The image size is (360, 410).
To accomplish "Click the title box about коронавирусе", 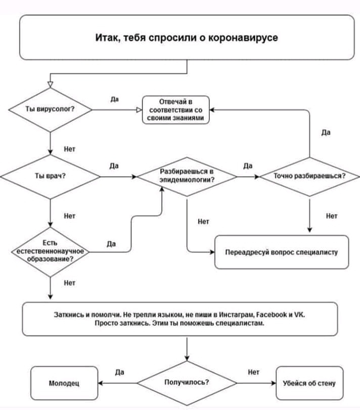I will [187, 37].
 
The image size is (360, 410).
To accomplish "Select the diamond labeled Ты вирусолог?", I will [50, 109].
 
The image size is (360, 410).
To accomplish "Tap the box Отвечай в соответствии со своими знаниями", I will [175, 109].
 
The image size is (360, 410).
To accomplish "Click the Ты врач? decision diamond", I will [50, 177].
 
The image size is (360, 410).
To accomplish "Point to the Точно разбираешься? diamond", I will [309, 177].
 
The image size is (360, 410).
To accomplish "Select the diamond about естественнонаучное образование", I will [50, 251].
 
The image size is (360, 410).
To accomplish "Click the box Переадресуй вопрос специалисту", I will [282, 252].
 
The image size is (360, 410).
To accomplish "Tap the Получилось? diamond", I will [187, 383].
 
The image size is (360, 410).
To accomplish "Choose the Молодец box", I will [64, 383].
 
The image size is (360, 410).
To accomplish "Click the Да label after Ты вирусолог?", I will [115, 99].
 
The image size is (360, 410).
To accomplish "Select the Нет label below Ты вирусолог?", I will [70, 149].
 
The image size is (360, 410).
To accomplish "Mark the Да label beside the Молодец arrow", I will [119, 372].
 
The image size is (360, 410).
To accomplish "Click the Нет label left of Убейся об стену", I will [254, 372].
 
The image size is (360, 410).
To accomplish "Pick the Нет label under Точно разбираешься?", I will [332, 216].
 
